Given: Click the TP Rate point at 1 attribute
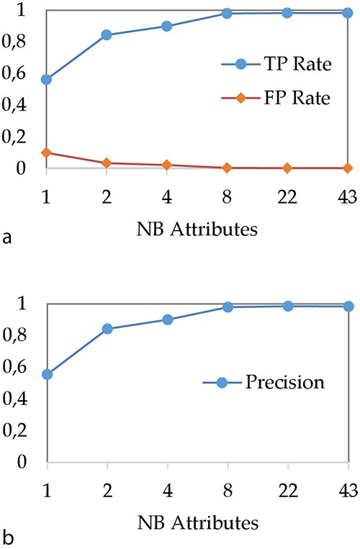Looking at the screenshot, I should click(x=47, y=79).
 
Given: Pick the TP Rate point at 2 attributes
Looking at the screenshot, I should click(x=107, y=35).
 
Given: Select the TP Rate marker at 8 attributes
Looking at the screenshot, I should click(x=227, y=14).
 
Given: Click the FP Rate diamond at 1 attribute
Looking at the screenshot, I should click(x=47, y=153).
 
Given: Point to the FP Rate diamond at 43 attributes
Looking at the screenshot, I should click(x=347, y=168).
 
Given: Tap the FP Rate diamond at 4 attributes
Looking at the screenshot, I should click(x=167, y=165).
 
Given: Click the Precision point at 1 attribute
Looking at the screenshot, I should click(x=47, y=374).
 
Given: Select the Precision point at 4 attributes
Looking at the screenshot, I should click(x=167, y=319).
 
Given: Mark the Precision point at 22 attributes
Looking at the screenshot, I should click(x=287, y=306).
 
